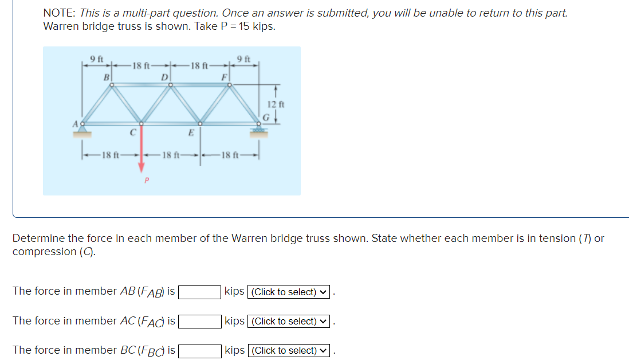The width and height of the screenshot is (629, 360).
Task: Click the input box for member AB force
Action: coord(201,292)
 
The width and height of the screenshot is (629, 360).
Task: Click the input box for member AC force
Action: coord(201,321)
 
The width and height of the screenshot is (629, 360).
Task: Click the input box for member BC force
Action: coord(201,350)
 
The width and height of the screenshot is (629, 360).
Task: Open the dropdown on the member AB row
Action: coord(288,292)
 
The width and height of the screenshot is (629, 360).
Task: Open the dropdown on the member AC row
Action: coord(288,322)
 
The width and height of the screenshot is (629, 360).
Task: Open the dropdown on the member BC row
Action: coord(288,351)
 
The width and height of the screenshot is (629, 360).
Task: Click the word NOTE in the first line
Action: coord(60,13)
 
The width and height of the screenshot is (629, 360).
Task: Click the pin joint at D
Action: coord(170,86)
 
